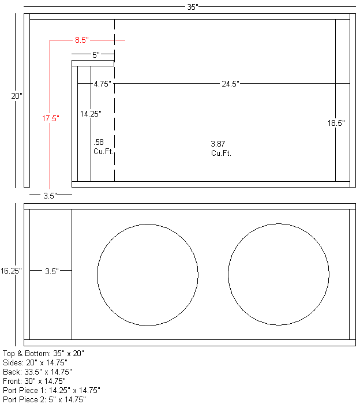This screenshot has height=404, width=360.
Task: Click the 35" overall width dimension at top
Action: coord(193,7)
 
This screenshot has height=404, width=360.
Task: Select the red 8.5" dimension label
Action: coord(81,40)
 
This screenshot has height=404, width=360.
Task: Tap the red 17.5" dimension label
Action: coord(50,118)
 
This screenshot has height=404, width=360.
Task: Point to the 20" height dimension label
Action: coord(17,96)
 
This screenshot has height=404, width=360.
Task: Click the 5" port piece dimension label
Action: coord(96,55)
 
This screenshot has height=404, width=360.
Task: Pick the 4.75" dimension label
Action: coord(102,84)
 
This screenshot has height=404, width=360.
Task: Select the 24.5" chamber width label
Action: coord(230,84)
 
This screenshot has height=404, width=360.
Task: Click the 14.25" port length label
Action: coord(91,114)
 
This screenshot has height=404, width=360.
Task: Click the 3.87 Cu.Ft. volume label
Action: coord(220,148)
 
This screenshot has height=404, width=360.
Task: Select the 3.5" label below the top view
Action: coord(50,196)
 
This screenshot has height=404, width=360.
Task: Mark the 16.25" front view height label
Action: coord(12,270)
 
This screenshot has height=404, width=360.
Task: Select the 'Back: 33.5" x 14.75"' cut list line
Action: coord(37,372)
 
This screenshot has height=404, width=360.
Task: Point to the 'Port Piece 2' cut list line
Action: coord(44,399)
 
